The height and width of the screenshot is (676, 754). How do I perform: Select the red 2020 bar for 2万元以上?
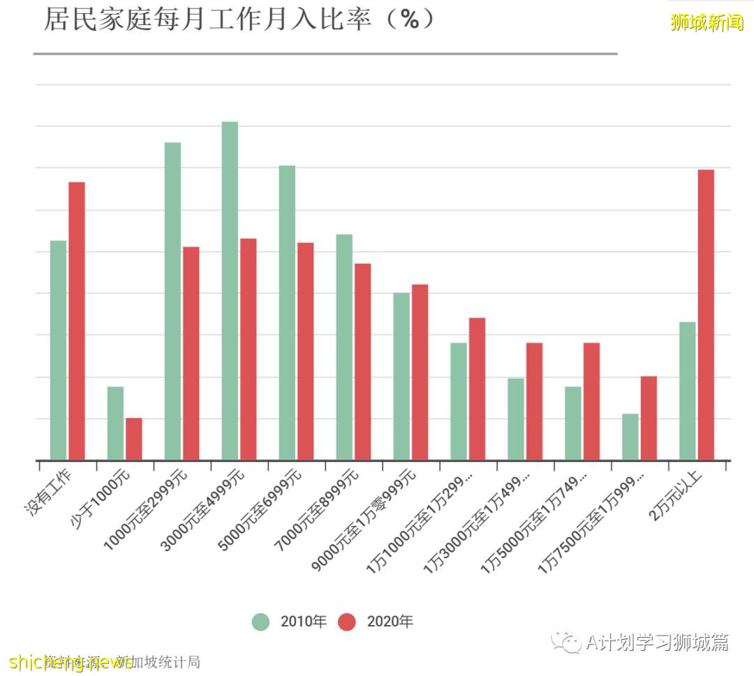706,315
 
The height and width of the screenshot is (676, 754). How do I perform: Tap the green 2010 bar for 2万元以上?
687,391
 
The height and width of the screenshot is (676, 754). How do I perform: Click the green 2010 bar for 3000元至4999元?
230,291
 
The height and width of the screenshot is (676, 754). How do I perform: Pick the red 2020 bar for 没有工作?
77,321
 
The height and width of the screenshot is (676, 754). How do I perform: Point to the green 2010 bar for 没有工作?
58,350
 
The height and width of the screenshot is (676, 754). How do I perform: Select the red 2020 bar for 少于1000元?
134,439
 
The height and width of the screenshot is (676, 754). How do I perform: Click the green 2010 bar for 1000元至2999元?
172,301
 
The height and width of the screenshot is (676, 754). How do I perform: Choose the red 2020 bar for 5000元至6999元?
306,351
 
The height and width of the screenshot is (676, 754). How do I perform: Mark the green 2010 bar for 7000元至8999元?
344,347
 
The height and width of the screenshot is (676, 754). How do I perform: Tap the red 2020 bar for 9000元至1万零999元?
420,372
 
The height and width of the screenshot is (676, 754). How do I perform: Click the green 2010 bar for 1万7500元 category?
630,437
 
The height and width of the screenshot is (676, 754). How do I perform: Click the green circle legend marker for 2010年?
261,622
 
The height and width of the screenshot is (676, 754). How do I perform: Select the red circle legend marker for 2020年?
347,622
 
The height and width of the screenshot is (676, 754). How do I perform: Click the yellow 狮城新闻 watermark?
707,22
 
